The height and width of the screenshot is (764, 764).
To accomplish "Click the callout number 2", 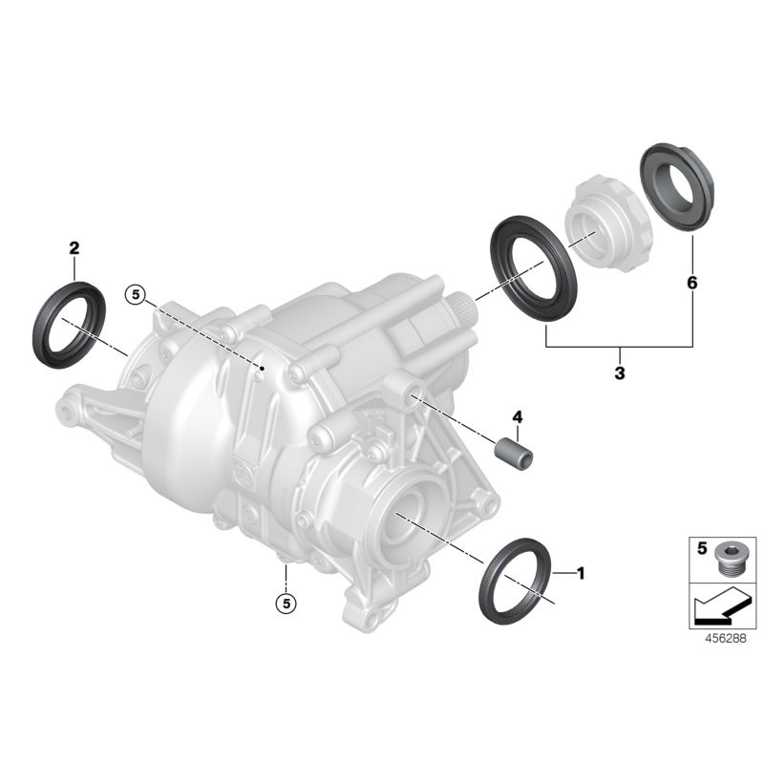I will (x=74, y=248).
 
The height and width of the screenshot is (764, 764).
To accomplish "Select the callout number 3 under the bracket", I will (x=619, y=373).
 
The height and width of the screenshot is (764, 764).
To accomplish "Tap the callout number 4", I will (x=518, y=416).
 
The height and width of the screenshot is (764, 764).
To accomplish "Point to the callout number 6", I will (x=691, y=284).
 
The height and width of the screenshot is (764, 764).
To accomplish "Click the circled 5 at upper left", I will (x=137, y=295).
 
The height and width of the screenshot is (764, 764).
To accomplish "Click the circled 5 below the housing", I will (x=284, y=603).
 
